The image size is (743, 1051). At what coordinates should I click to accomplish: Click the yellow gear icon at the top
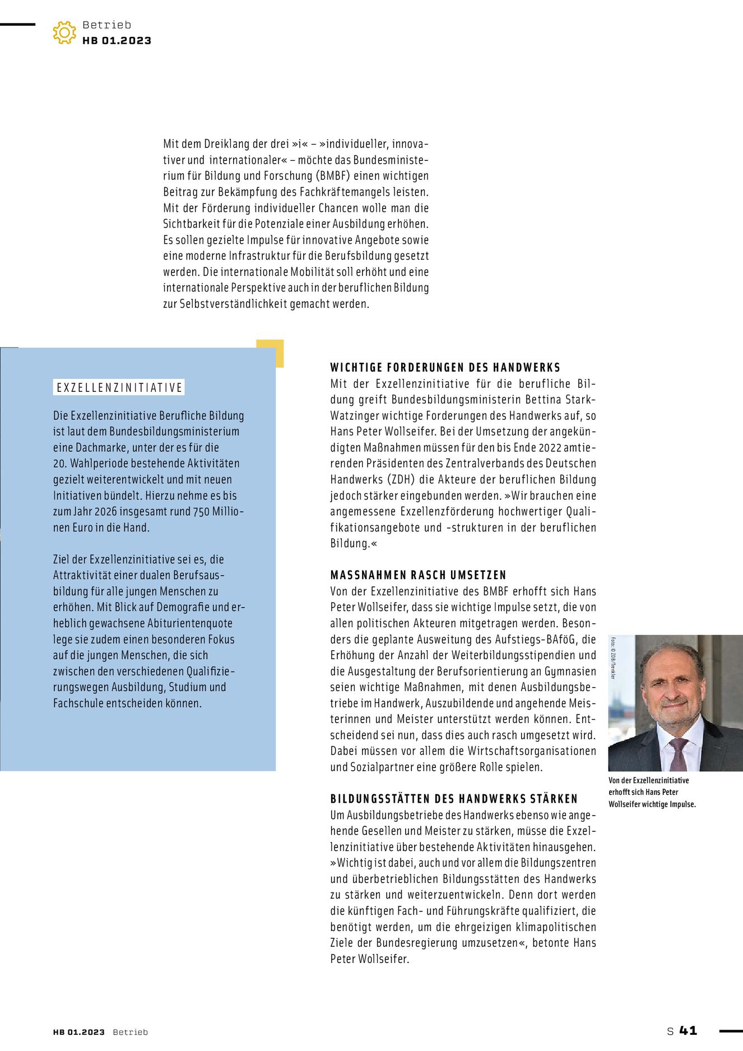click(x=64, y=33)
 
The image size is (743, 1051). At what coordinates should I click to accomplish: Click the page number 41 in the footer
click(x=688, y=1030)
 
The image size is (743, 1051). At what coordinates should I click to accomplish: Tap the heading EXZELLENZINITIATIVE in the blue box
click(x=119, y=388)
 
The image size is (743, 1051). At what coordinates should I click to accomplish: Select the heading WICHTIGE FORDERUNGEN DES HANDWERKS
click(x=445, y=368)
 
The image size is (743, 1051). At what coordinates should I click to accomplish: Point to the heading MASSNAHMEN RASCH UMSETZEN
click(x=418, y=575)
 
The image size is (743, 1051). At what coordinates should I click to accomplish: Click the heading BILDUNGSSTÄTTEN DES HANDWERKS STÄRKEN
click(x=454, y=799)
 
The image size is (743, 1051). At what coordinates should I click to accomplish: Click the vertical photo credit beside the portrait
click(x=613, y=658)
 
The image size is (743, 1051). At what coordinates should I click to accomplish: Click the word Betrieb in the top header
click(x=106, y=25)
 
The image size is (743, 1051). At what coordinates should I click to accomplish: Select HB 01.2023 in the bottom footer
click(x=78, y=1032)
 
